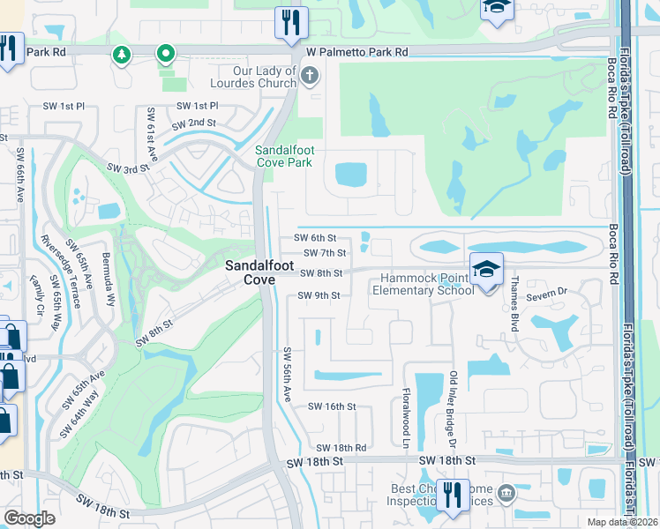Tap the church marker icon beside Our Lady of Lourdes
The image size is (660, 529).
308,77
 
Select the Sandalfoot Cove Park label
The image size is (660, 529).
284,156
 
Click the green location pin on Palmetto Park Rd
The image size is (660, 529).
165,55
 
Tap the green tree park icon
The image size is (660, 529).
121,55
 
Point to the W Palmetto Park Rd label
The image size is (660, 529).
357,52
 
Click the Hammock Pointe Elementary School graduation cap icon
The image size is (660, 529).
484,268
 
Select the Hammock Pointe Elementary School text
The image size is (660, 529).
428,284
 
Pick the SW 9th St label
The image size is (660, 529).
319,295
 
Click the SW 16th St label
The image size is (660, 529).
331,406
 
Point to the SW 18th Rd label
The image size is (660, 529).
341,448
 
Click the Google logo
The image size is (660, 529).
29,518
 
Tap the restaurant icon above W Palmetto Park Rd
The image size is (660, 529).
290,21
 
